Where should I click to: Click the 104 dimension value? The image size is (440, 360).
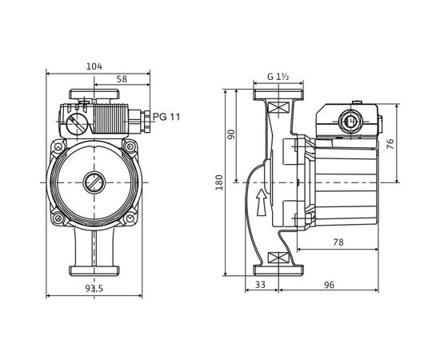pos(94,66)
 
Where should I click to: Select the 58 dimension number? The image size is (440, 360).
pos(122,79)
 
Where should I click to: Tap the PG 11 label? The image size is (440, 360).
pos(166,117)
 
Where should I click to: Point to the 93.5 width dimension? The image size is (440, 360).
pos(94,288)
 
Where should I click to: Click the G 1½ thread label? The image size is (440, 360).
pos(278,76)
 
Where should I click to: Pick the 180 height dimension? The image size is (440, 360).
pos(219,182)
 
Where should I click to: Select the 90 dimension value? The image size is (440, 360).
pos(231,134)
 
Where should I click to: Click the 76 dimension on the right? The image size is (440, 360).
pos(390,144)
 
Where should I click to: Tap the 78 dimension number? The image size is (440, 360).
pos(338,242)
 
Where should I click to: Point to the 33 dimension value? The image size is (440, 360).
pos(261,285)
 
